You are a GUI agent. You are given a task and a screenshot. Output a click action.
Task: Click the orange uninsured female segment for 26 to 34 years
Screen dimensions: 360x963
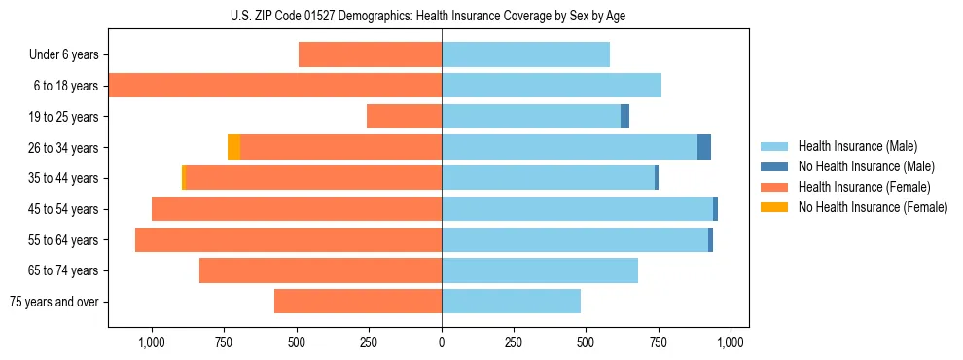233,147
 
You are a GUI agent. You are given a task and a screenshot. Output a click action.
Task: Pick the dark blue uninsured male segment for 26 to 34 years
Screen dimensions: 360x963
704,147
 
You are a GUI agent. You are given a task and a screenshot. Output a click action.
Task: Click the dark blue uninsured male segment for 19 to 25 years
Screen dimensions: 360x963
624,117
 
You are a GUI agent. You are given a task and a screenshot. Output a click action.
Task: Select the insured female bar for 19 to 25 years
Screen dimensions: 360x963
404,117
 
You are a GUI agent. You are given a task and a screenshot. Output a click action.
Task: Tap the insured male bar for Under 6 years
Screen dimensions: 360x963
525,54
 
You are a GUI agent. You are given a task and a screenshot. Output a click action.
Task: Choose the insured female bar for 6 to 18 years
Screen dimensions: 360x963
275,86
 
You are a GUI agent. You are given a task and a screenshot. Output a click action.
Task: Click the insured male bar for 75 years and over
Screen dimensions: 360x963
511,302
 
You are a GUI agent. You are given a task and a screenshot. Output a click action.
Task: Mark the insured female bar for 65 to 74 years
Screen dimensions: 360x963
320,270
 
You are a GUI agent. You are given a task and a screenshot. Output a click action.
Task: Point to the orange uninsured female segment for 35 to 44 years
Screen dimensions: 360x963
183,178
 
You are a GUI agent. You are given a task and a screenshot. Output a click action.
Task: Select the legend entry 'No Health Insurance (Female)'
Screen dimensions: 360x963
873,207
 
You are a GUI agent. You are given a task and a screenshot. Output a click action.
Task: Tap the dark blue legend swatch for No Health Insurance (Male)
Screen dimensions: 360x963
774,166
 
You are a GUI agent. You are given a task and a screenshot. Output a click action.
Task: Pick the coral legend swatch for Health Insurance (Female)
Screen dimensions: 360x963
774,187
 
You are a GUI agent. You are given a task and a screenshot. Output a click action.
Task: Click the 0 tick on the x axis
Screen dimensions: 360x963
442,342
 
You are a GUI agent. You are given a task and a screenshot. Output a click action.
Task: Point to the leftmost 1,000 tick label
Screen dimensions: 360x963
152,342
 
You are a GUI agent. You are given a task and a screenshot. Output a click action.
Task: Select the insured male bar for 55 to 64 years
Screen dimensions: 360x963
574,239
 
